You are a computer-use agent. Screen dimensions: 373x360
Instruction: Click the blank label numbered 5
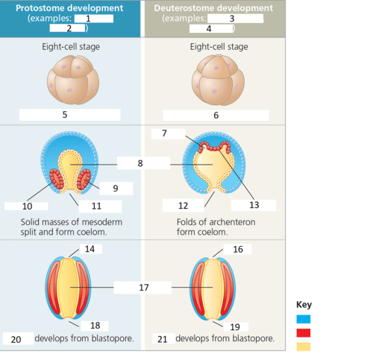pos(70,115)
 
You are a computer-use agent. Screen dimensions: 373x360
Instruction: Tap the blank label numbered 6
pos(216,116)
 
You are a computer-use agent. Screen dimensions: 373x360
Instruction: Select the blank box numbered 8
pos(143,163)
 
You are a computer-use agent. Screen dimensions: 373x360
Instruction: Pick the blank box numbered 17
pos(142,288)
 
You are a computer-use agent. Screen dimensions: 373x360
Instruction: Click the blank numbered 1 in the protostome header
pos(94,19)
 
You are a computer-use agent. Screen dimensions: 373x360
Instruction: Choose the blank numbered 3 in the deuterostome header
pos(235,19)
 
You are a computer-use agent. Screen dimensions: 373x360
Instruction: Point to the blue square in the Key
pos(304,319)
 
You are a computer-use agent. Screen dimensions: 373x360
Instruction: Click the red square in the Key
pos(304,333)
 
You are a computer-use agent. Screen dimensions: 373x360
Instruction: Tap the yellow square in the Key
pos(304,347)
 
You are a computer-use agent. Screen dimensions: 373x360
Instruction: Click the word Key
pos(304,305)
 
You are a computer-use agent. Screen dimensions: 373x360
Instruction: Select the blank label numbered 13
pos(254,205)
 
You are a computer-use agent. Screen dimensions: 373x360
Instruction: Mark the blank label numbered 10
pos(26,206)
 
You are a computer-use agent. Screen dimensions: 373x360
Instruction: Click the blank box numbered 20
pos(18,339)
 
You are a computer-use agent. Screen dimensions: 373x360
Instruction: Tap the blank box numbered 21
pos(163,339)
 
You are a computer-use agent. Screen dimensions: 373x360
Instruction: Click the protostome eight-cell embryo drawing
pos(73,80)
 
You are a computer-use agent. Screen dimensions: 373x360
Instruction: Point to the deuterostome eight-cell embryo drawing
pos(218,80)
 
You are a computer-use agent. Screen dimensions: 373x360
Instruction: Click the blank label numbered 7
pos(169,133)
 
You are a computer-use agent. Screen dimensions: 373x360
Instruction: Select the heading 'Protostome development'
pos(69,8)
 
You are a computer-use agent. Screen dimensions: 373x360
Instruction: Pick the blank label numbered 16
pos(237,249)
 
